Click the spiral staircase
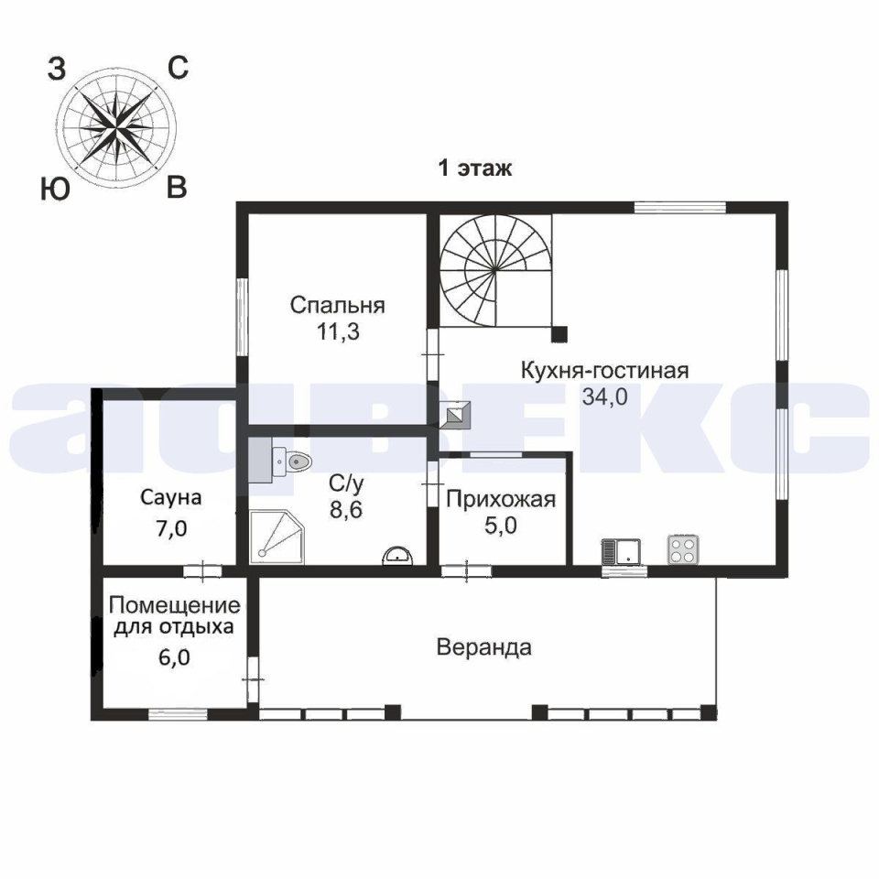point(495,270)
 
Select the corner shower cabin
point(277,537)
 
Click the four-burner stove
point(683,549)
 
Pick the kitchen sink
point(621,551)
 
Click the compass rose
point(115,130)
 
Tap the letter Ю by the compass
point(55,188)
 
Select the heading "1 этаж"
point(475,168)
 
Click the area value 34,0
point(604,396)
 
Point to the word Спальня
point(338,306)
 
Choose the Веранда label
point(483,647)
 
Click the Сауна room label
point(171,498)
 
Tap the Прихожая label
point(501,500)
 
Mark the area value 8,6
point(346,510)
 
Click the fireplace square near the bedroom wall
point(456,416)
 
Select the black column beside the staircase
point(559,334)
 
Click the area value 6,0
point(174,657)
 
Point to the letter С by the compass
point(179,69)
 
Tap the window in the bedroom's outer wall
point(242,317)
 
